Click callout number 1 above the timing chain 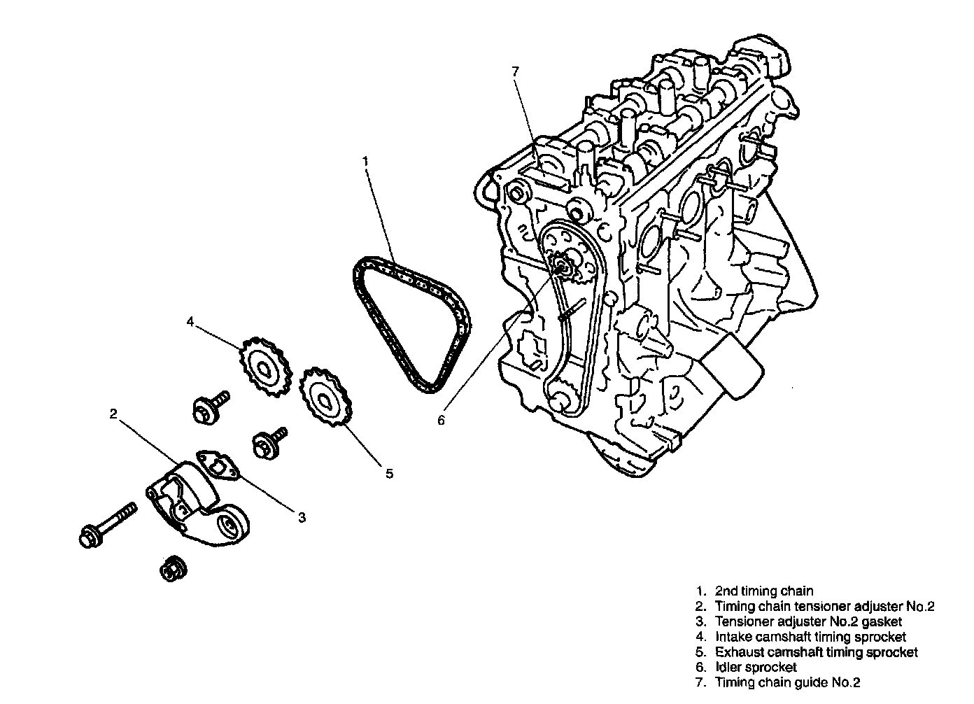tap(365, 162)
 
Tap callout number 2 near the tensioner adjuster tap(113, 414)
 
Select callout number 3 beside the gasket tap(302, 517)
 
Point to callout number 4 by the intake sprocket tap(190, 322)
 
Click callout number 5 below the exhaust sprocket tap(389, 474)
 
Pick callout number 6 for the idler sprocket tap(441, 420)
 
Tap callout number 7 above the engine tap(515, 71)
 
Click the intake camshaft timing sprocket tap(265, 367)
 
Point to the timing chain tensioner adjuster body tap(197, 504)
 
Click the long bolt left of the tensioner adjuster tap(108, 525)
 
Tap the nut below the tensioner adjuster tap(174, 568)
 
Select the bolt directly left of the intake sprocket tap(211, 407)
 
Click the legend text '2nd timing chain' tap(764, 591)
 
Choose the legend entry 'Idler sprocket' tap(756, 667)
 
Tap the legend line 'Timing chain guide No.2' tap(787, 682)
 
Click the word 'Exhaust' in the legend tap(739, 652)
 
